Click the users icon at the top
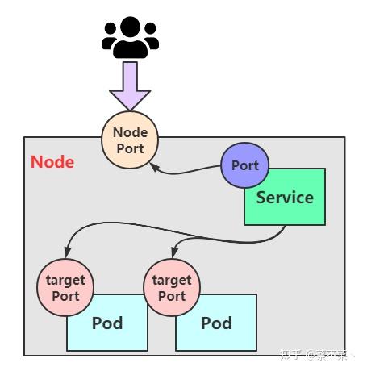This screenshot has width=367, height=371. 130,36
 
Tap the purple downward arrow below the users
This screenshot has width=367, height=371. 130,86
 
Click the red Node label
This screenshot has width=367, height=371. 52,162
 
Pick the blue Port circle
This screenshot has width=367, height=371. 244,165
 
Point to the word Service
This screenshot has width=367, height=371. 285,198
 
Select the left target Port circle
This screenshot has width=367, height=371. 65,288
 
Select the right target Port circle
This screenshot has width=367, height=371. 171,288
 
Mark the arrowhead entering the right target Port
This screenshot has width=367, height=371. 173,257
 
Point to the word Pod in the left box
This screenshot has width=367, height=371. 106,324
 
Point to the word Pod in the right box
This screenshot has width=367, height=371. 216,324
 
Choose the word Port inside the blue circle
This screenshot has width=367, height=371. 244,165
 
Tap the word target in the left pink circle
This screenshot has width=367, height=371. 65,281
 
